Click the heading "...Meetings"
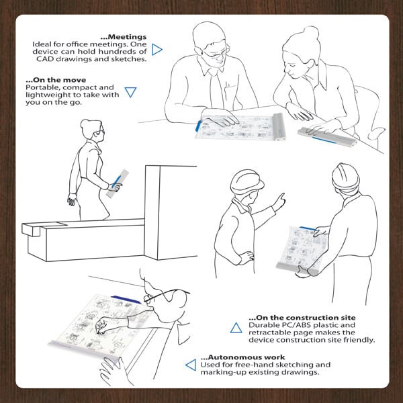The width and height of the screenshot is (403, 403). pyautogui.click(x=124, y=37)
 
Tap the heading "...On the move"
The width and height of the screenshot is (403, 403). pyautogui.click(x=56, y=80)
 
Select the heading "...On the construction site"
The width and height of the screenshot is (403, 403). pyautogui.click(x=302, y=318)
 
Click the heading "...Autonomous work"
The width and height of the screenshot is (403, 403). pyautogui.click(x=242, y=357)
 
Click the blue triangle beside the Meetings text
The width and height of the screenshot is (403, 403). pyautogui.click(x=156, y=49)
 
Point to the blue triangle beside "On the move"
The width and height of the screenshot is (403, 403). pyautogui.click(x=130, y=92)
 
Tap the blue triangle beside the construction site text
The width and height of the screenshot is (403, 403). pyautogui.click(x=236, y=328)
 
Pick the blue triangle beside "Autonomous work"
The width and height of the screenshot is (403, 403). pyautogui.click(x=191, y=365)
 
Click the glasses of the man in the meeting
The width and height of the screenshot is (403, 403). pyautogui.click(x=216, y=52)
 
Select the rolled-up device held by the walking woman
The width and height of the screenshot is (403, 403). pyautogui.click(x=117, y=183)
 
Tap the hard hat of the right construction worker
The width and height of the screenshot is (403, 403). pyautogui.click(x=345, y=175)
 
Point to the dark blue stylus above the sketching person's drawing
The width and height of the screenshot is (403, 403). pyautogui.click(x=126, y=300)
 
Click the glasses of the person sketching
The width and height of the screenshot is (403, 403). pyautogui.click(x=165, y=295)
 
